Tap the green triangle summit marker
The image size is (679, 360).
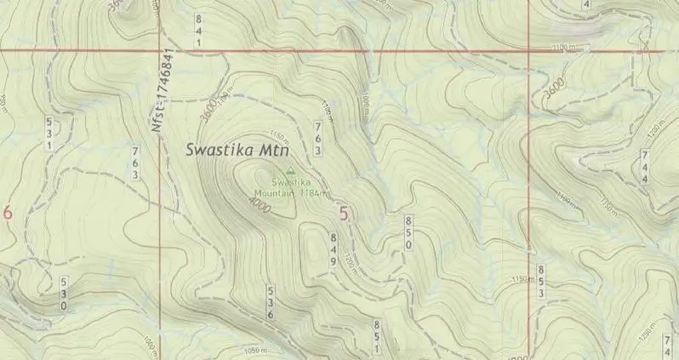click(x=292, y=170)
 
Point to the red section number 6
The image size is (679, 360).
click(x=8, y=214)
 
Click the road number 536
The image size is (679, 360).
click(x=270, y=303)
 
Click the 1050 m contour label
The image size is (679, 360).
click(x=255, y=350)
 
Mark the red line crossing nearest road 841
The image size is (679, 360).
click(x=161, y=51)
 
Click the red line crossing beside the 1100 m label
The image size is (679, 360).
click(x=529, y=51)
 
